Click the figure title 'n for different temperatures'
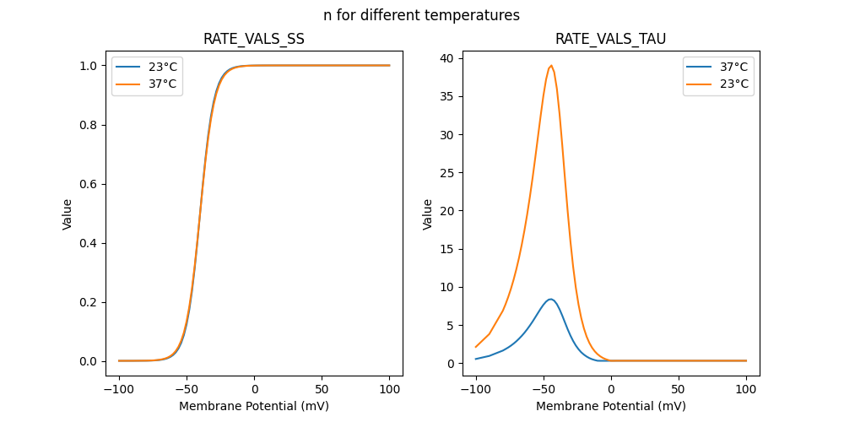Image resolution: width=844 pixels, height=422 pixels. point(421,15)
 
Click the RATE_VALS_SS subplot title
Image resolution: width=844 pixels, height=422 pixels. point(254,39)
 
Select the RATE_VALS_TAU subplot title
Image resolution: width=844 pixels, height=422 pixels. point(610,39)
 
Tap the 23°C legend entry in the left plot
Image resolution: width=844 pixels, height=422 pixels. point(162,67)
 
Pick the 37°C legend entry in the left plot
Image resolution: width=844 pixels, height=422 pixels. point(162,84)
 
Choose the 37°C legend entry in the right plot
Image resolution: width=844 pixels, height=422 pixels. point(733,67)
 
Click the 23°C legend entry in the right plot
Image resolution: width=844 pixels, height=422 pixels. point(733,84)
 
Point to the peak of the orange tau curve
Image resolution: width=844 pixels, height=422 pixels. point(551,66)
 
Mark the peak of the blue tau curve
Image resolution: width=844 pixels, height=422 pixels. point(550,299)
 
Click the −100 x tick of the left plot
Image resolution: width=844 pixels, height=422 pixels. point(119,390)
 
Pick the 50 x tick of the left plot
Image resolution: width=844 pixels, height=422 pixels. point(322,390)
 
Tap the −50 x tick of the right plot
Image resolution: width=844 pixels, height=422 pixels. point(544,390)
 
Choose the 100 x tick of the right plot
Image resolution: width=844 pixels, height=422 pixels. point(746,390)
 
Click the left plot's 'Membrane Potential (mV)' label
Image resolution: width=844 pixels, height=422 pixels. point(254,406)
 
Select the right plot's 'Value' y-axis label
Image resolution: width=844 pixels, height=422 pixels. point(428,214)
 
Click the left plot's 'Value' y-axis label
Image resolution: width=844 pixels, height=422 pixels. point(68,214)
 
